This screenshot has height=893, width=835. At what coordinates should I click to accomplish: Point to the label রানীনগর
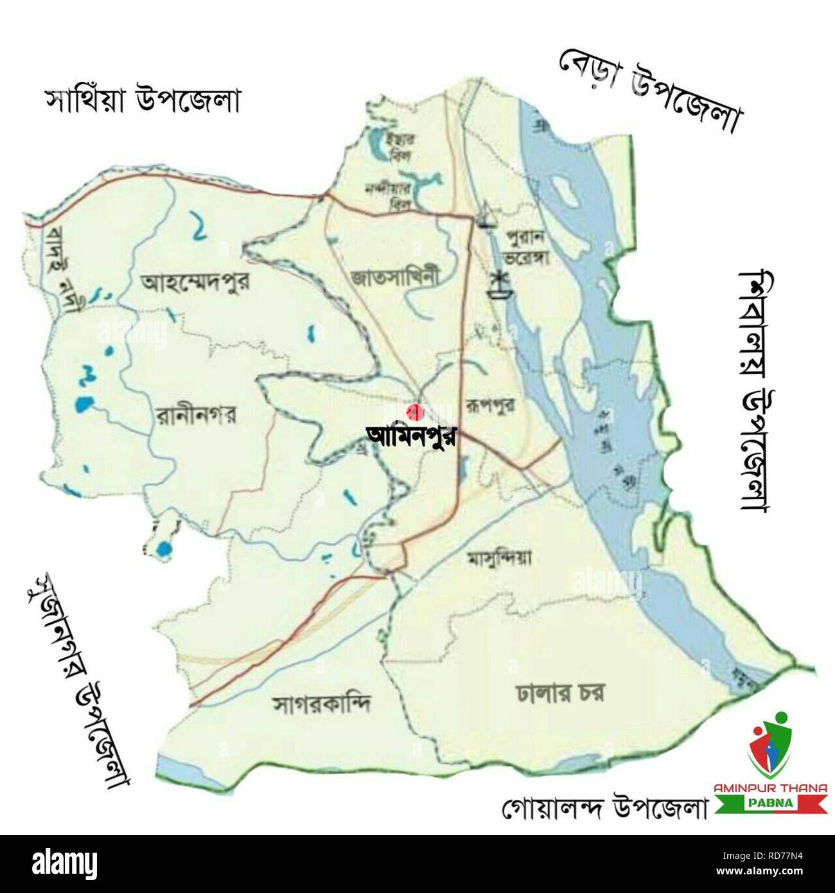coord(196,415)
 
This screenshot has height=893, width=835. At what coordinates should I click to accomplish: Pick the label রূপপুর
coord(490,405)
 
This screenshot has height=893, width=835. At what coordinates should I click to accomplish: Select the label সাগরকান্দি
coord(322,705)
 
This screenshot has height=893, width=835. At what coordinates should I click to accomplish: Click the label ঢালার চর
coord(559,693)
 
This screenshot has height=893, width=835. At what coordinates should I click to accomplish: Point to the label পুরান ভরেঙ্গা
coord(526,247)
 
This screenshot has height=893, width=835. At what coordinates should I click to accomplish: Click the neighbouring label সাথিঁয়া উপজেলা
coord(142,101)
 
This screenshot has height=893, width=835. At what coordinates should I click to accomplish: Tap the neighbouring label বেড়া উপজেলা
coord(650,91)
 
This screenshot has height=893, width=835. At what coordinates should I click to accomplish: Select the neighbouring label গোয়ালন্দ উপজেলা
coord(604,808)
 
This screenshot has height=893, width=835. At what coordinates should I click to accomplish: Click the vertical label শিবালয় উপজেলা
coord(755,392)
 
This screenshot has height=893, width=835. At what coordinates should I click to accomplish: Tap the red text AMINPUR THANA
coord(771,788)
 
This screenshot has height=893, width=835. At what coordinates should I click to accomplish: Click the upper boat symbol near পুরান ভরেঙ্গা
coord(487,216)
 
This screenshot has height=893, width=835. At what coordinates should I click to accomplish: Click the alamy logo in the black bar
coord(64,863)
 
